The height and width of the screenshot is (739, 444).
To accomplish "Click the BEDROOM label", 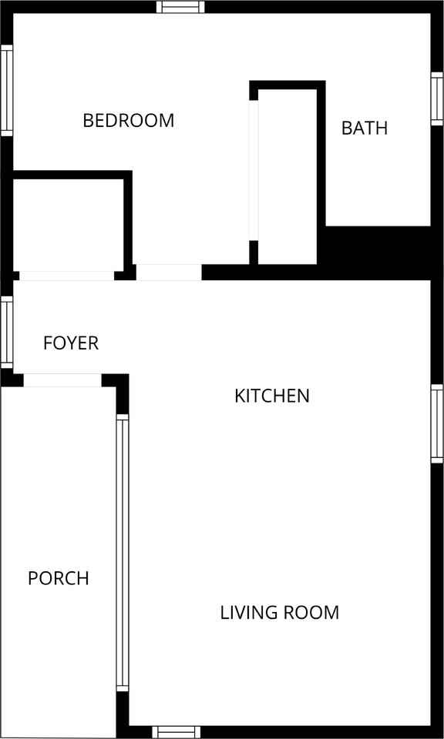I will [x=128, y=121].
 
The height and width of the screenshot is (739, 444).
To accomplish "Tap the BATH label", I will [x=365, y=128].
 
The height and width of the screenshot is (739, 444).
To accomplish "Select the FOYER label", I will [x=71, y=343].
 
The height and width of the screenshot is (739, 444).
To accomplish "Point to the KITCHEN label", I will [x=272, y=396].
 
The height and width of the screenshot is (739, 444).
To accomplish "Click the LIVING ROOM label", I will [x=280, y=613].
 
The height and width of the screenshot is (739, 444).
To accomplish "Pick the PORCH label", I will [x=59, y=578].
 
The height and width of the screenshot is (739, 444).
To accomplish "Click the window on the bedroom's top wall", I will [x=181, y=7].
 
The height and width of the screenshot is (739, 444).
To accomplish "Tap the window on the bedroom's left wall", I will [x=6, y=90].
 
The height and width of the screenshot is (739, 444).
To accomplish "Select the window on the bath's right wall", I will [x=437, y=99].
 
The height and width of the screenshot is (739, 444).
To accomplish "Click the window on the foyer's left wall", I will [x=6, y=331].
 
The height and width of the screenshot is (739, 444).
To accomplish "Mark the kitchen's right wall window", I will [x=437, y=423].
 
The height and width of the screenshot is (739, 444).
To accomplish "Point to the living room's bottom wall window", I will [x=176, y=732].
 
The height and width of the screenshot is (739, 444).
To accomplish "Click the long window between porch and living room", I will [x=122, y=552].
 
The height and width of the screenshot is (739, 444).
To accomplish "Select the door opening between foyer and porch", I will [x=62, y=380].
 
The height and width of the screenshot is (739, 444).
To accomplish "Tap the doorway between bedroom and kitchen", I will [x=168, y=273].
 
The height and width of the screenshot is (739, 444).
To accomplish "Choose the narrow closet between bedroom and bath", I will [x=288, y=176].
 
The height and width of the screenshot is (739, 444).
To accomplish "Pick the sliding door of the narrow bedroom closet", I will [x=254, y=169].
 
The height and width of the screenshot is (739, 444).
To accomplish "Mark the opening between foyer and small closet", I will [x=66, y=276].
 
